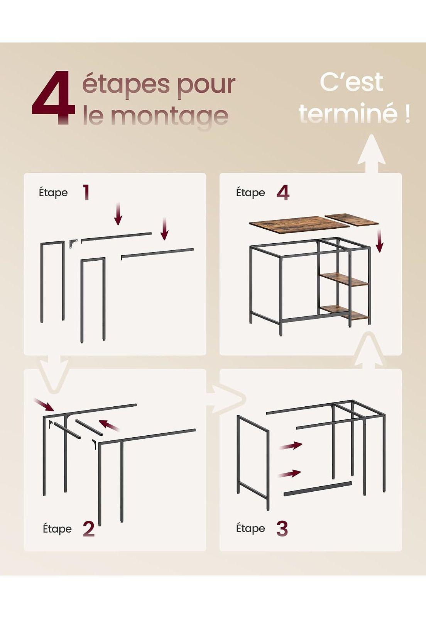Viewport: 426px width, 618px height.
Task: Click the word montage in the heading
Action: (x=169, y=115)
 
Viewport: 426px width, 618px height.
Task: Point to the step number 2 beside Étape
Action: (x=88, y=529)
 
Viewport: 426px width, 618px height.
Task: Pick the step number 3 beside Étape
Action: (x=282, y=528)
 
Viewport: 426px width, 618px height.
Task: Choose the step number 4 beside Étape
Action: (x=283, y=192)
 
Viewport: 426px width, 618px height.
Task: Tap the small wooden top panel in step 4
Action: (x=352, y=220)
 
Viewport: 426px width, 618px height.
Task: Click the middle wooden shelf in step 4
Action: (x=344, y=279)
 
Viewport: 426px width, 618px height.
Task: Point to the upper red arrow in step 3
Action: (x=291, y=445)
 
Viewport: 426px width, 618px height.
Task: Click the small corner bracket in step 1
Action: (x=73, y=244)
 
